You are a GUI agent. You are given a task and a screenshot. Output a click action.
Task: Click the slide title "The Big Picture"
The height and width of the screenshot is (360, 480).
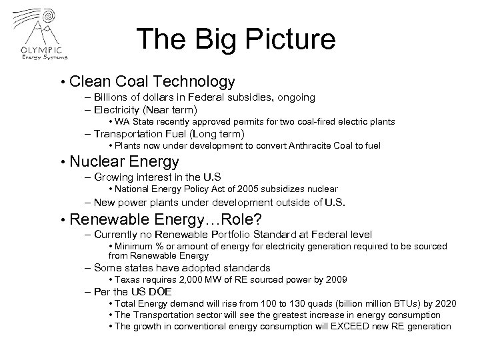click(235, 40)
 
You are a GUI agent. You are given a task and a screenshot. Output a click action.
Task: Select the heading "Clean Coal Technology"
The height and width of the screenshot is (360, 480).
click(151, 82)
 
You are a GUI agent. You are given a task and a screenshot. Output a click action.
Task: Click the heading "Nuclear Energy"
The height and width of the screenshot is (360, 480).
click(124, 161)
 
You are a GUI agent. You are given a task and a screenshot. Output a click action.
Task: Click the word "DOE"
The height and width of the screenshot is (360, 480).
click(161, 292)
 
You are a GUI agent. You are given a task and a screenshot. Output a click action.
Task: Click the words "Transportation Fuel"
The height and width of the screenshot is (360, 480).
click(141, 133)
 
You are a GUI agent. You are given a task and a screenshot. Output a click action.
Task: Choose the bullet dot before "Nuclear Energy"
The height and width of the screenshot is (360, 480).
click(61, 162)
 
